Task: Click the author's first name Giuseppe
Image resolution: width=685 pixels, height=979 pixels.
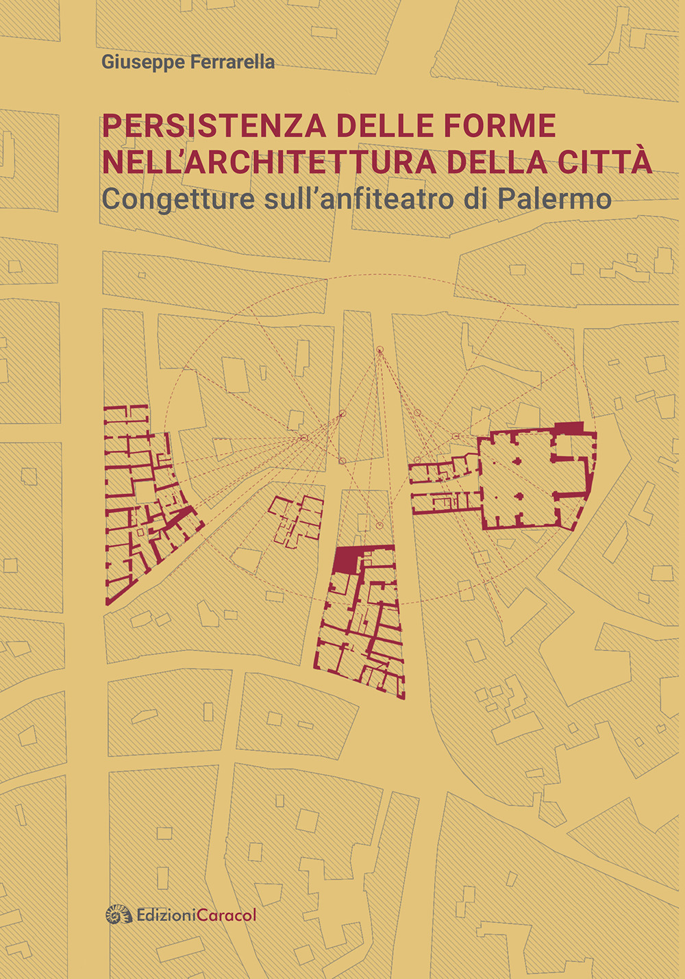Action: tap(136, 62)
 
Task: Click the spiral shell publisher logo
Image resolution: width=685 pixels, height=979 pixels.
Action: tap(119, 914)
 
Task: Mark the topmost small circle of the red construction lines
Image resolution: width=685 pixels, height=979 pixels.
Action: tap(379, 351)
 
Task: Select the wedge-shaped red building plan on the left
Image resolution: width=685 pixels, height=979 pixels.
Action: tap(144, 501)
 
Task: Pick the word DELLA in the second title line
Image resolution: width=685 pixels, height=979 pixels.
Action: tap(498, 162)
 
